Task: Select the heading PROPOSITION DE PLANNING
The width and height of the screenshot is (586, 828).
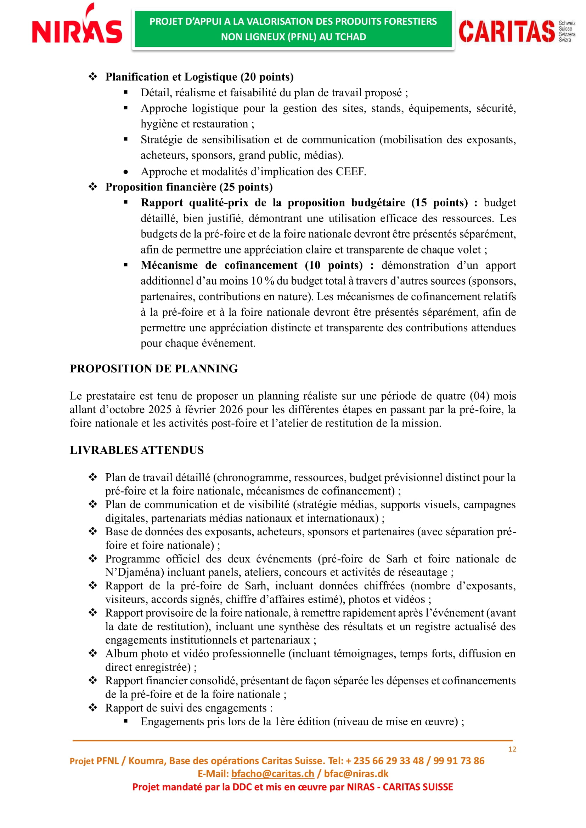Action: coord(154,369)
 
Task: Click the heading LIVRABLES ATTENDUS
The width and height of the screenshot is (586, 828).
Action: coord(137,450)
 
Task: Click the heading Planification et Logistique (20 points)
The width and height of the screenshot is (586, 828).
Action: coord(199,77)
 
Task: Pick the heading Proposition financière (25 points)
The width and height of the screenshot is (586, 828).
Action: coord(189,187)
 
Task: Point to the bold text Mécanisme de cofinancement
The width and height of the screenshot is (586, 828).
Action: coord(219,265)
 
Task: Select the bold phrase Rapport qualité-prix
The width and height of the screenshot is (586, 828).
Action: coord(195,203)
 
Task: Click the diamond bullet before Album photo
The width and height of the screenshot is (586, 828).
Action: coord(93,653)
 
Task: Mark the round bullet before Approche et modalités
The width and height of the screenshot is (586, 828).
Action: coord(125,172)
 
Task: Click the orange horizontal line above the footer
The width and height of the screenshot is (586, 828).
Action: coord(292,741)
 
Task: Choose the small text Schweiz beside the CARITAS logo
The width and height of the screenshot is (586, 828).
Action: coord(567,23)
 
